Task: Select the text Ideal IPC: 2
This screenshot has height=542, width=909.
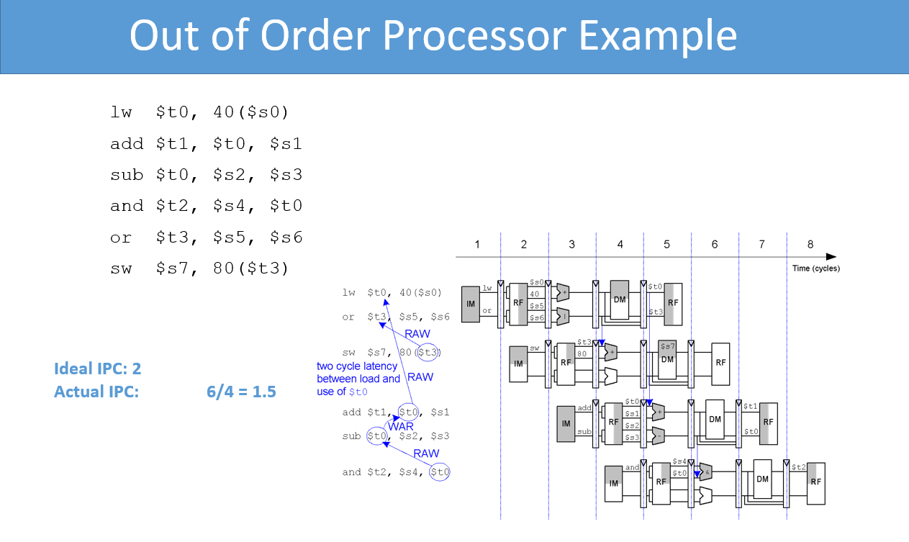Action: pyautogui.click(x=97, y=369)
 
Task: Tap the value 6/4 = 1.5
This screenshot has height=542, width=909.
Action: pyautogui.click(x=240, y=392)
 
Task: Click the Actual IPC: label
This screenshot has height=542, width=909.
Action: pyautogui.click(x=96, y=392)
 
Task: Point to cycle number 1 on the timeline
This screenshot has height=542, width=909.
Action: pyautogui.click(x=476, y=244)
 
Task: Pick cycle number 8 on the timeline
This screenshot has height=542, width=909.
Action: pyautogui.click(x=810, y=244)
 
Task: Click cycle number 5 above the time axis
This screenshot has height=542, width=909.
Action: pyautogui.click(x=666, y=244)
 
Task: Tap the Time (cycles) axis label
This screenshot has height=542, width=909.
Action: pyautogui.click(x=815, y=268)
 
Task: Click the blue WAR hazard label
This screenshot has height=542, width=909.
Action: pyautogui.click(x=401, y=426)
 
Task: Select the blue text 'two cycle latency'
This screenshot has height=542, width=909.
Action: pyautogui.click(x=357, y=366)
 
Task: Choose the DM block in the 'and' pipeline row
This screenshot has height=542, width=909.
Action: pyautogui.click(x=762, y=479)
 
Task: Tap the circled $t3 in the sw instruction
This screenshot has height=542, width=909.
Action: pyautogui.click(x=430, y=352)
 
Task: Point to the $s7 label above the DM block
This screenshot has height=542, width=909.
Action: pyautogui.click(x=667, y=346)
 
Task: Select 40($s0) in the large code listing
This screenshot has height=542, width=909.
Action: pyautogui.click(x=251, y=112)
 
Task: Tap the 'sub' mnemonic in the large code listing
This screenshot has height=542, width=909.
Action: pyautogui.click(x=127, y=175)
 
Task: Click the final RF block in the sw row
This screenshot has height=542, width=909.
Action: pyautogui.click(x=720, y=362)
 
